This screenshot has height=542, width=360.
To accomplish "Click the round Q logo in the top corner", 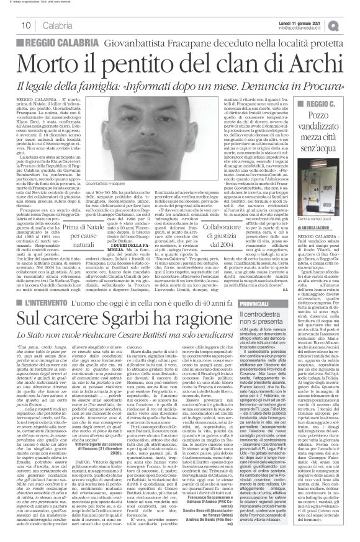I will tap(351, 24).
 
